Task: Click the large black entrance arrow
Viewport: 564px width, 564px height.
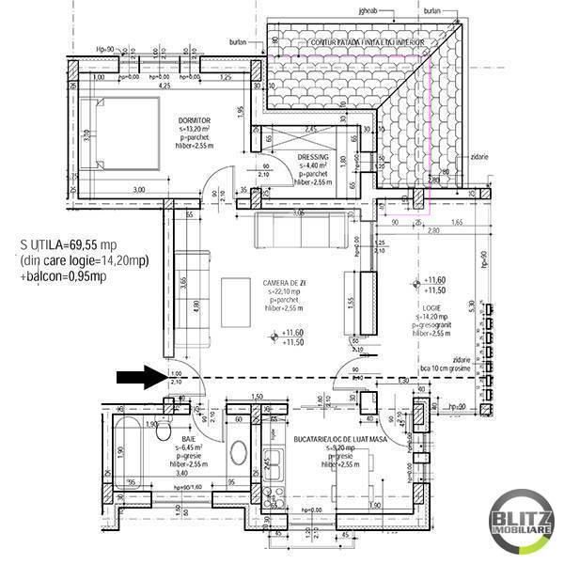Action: click(139, 378)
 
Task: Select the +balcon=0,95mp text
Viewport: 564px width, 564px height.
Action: click(63, 277)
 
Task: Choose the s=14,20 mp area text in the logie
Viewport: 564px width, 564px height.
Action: click(434, 317)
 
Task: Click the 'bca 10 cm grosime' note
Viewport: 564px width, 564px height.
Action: click(446, 368)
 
